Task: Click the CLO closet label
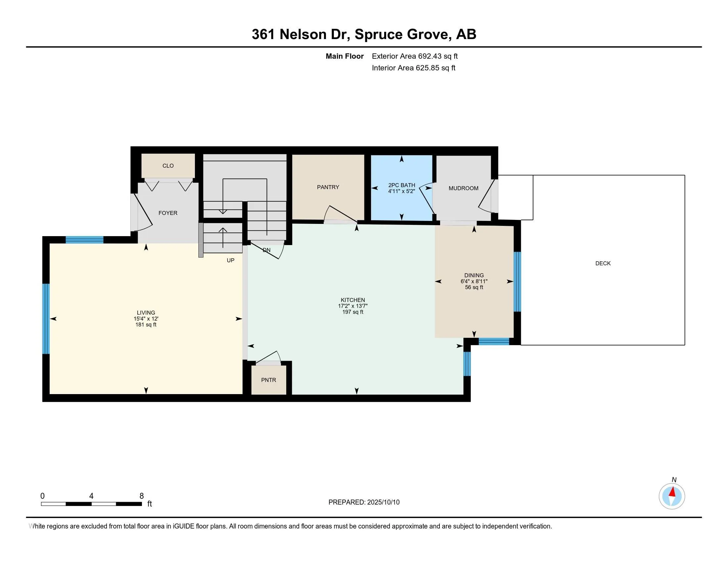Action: (x=168, y=166)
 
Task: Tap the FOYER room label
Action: (x=168, y=213)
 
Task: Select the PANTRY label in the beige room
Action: (x=328, y=187)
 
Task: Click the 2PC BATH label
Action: (x=402, y=185)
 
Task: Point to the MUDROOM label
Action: (x=463, y=188)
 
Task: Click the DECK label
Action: (x=603, y=264)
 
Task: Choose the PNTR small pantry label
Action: (x=269, y=380)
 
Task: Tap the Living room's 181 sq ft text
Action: (x=146, y=325)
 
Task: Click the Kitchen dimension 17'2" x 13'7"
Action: (x=353, y=306)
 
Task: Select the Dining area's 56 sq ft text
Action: (x=474, y=287)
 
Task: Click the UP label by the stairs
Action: (x=230, y=261)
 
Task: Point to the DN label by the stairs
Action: (x=267, y=250)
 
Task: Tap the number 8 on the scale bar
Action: (x=141, y=496)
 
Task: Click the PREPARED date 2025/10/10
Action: (x=383, y=502)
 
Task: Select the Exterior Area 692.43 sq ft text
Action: (x=415, y=56)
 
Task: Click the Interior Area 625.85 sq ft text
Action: (x=414, y=68)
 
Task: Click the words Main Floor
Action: (x=345, y=56)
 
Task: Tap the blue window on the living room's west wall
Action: (x=46, y=319)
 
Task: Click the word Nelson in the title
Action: (x=303, y=34)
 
